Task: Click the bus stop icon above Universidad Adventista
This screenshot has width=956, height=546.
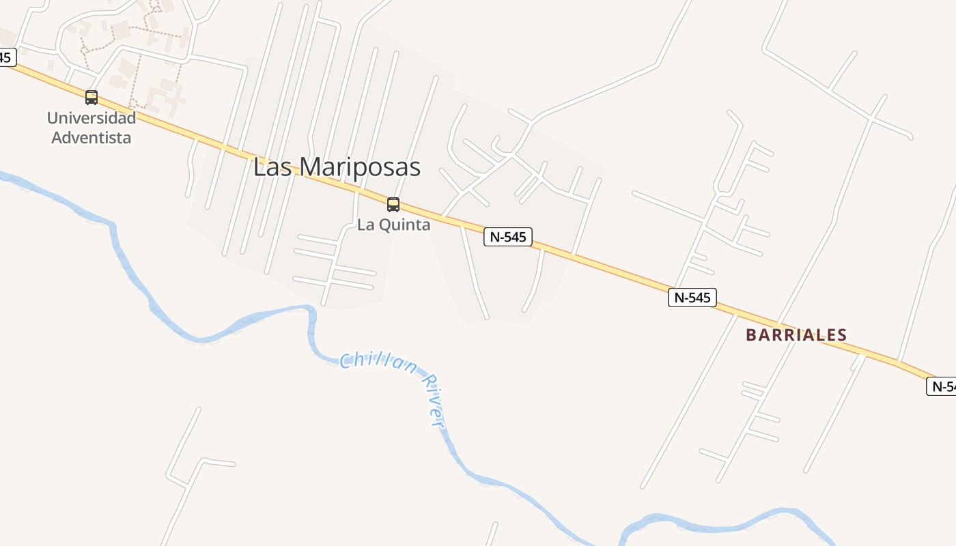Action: pyautogui.click(x=92, y=98)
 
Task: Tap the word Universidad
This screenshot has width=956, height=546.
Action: pyautogui.click(x=92, y=117)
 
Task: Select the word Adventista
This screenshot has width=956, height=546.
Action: pyautogui.click(x=92, y=137)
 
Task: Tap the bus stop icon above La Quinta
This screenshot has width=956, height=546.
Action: pyautogui.click(x=393, y=204)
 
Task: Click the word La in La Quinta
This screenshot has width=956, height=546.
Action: pyautogui.click(x=365, y=225)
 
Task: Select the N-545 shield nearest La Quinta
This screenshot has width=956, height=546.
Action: pyautogui.click(x=508, y=237)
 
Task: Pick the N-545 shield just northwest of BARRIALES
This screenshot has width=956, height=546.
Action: pyautogui.click(x=692, y=297)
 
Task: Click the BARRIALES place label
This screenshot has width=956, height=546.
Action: pyautogui.click(x=796, y=335)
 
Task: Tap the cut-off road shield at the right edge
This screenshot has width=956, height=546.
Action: pyautogui.click(x=942, y=386)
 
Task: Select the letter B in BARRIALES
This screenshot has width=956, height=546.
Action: pyautogui.click(x=751, y=335)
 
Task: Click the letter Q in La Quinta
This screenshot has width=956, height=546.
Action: pyautogui.click(x=382, y=225)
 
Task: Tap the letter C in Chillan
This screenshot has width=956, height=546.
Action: pyautogui.click(x=346, y=360)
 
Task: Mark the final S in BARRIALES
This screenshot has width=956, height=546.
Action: pyautogui.click(x=842, y=335)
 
